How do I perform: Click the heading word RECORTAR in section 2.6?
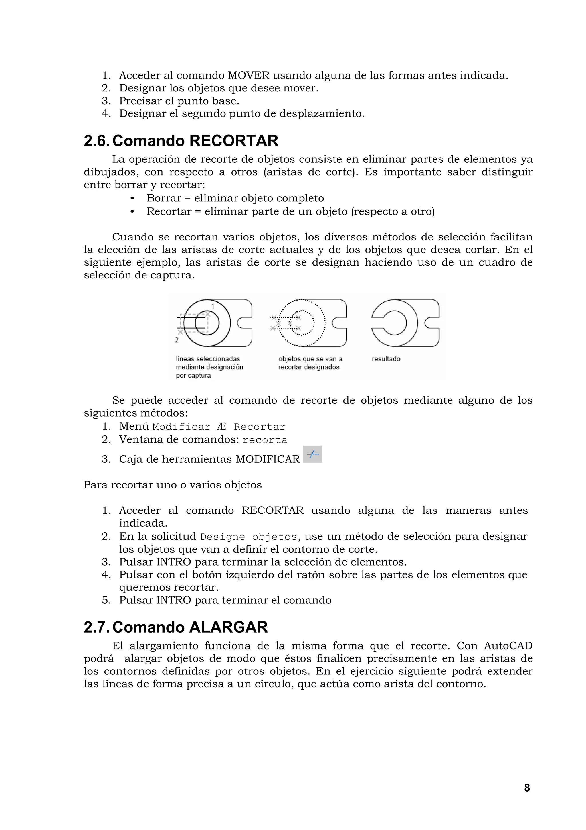pos(233,141)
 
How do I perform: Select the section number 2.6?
pos(96,141)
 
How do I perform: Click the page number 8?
pos(527,788)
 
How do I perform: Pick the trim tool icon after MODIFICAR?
pos(313,454)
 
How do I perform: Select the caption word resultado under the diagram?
pos(386,359)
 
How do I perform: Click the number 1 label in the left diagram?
pos(213,307)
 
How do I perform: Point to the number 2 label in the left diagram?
pos(177,340)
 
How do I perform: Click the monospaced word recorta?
pos(265,440)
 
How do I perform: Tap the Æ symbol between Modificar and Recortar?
pos(222,427)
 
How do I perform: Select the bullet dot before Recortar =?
pos(132,211)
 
